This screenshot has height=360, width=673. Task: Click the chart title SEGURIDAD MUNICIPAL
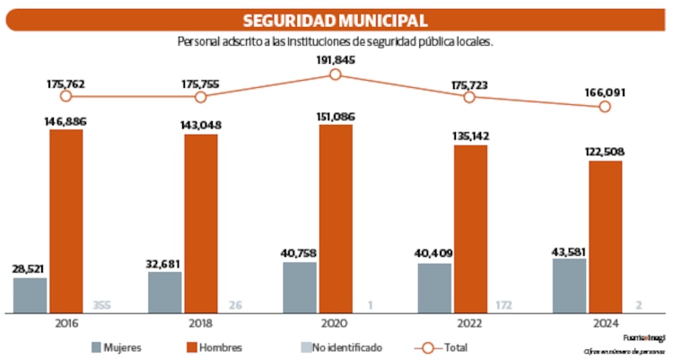[336, 21]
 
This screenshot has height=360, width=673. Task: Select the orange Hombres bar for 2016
[66, 221]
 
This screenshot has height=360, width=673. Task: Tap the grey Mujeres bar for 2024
[569, 286]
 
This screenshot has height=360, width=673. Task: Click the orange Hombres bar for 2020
[336, 219]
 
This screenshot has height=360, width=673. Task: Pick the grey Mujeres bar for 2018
[164, 293]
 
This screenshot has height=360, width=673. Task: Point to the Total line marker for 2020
[336, 75]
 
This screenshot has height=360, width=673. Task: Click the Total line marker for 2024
[605, 106]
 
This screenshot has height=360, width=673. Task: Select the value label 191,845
[336, 59]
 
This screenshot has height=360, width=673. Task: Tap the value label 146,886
[66, 120]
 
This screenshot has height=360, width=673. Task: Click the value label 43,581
[569, 249]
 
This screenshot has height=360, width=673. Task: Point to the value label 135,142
[470, 136]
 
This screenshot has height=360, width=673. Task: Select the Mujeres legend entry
[117, 347]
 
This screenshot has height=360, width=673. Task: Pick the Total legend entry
[444, 347]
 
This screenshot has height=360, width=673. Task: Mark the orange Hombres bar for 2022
[470, 229]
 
